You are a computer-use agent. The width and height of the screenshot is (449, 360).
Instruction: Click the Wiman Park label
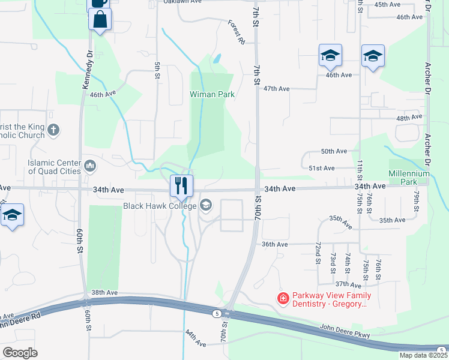tap(212, 94)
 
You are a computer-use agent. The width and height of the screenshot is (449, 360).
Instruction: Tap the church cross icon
tap(54, 130)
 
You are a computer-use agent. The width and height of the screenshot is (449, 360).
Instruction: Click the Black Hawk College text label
tap(160, 206)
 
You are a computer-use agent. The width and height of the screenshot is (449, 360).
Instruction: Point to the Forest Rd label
tap(237, 32)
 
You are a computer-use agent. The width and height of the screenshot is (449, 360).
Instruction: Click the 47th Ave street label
tap(276, 89)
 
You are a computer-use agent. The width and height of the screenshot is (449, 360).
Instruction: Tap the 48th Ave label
tap(409, 119)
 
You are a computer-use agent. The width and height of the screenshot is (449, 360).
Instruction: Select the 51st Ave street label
tap(321, 169)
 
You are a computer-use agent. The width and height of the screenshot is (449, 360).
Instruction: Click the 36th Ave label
tap(275, 244)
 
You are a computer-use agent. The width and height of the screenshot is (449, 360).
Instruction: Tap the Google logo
tap(20, 352)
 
